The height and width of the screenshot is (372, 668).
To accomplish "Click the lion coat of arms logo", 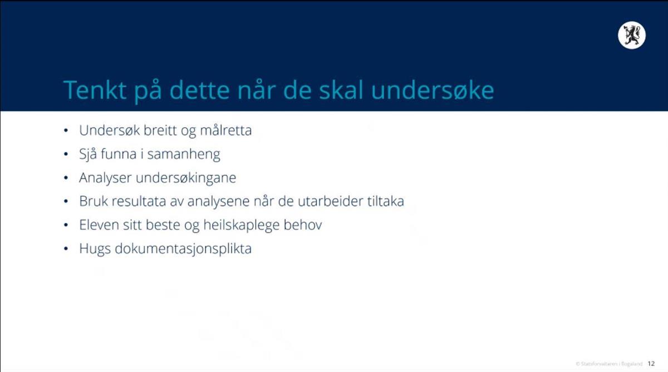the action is coord(632,35).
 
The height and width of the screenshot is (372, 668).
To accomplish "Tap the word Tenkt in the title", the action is coord(95,90).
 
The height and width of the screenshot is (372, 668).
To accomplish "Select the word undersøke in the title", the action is coord(433,90).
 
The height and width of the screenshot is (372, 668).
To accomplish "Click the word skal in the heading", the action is coord(341,90).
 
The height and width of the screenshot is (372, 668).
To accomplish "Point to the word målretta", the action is coord(226,131).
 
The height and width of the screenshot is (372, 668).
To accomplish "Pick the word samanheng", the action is coord(184,155).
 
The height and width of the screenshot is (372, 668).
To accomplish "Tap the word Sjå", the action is coord(88,155).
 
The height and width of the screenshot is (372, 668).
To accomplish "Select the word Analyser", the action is coord(105,178).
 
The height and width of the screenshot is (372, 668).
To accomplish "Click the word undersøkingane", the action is coord(186,178).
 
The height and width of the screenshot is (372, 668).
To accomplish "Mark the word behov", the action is coord(303,225).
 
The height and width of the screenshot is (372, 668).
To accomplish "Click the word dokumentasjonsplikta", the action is coord(183,249).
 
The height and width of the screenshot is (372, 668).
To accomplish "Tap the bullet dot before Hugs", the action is coord(66,249).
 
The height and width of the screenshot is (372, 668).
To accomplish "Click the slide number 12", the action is coord(651,364).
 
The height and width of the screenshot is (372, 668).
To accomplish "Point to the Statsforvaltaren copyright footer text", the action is coord(609,364).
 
